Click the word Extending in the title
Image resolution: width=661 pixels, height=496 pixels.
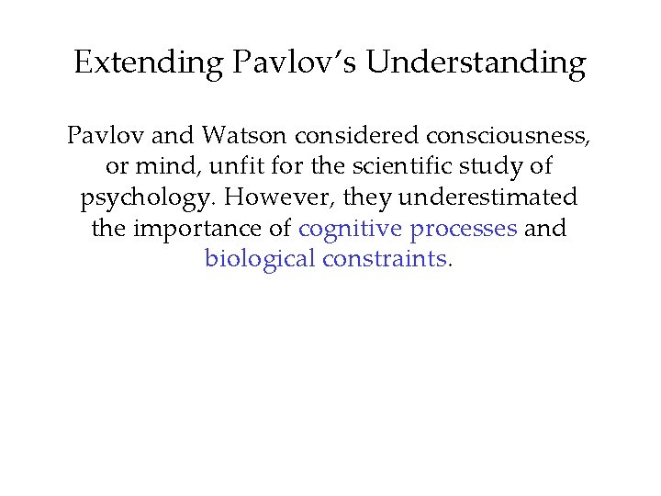click(148, 62)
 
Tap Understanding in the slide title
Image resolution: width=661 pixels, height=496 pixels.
click(476, 62)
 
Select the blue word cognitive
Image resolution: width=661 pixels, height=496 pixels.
click(352, 229)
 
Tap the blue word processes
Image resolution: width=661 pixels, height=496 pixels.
click(465, 229)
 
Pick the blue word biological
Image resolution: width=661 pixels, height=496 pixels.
click(260, 259)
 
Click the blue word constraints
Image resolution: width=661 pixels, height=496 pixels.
click(385, 259)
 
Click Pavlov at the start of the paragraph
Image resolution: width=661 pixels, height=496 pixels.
click(98, 138)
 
